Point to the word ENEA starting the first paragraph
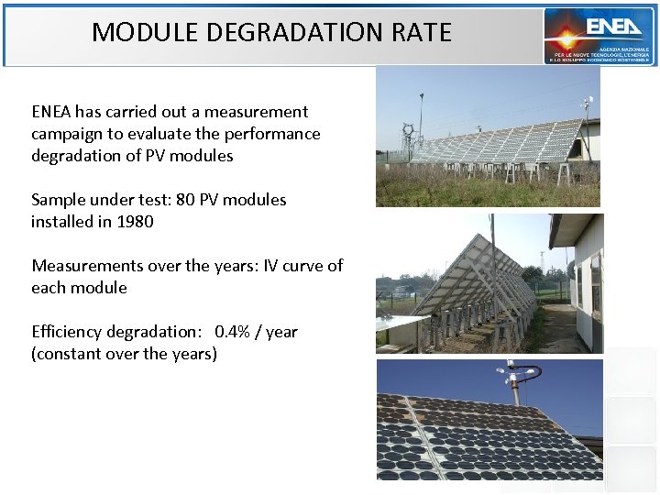[51, 112]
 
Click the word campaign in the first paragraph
[66, 134]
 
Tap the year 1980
[134, 222]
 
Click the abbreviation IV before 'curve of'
[270, 266]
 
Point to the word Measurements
[84, 266]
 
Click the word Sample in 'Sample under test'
[57, 200]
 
